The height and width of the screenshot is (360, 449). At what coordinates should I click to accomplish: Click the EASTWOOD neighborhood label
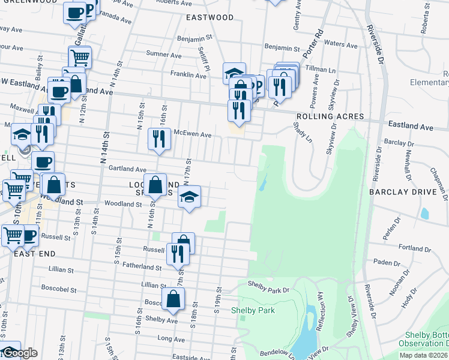[209, 18]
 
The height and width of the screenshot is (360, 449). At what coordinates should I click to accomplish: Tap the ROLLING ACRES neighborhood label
[322, 116]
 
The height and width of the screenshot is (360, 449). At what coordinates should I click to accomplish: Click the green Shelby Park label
[253, 310]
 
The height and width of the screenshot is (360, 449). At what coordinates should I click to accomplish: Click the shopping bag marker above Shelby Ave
[173, 299]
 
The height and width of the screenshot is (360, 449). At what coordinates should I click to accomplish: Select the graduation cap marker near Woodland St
[188, 197]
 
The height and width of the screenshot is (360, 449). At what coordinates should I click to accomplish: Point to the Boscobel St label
[59, 288]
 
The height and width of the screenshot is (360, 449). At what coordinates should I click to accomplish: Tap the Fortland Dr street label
[411, 247]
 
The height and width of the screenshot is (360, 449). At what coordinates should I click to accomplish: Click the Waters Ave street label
[340, 44]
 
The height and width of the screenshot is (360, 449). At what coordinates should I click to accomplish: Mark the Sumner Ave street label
[164, 55]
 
